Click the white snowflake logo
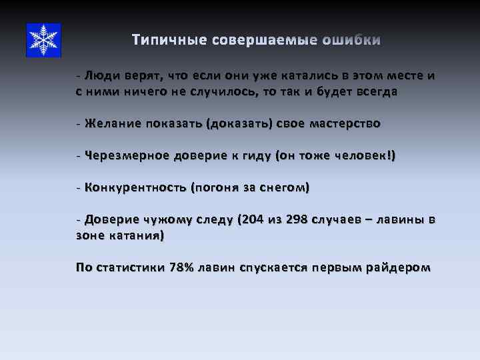click(x=43, y=40)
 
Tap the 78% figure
click(x=181, y=267)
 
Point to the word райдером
click(x=398, y=267)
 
